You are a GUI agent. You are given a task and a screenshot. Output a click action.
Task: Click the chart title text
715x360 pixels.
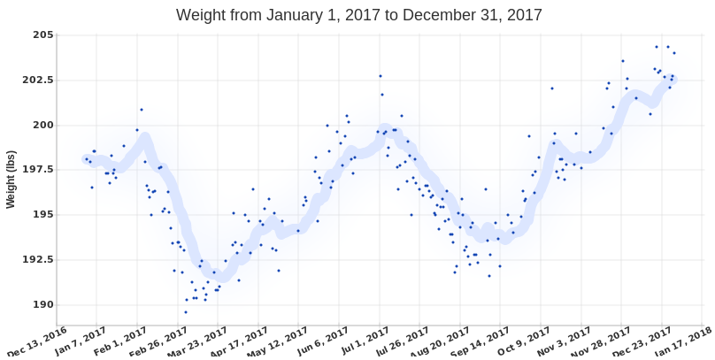pyautogui.click(x=358, y=15)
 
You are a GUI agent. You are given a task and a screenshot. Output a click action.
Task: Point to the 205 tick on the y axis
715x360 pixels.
pyautogui.click(x=42, y=34)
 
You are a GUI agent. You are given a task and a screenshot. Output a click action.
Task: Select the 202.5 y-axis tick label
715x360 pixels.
pyautogui.click(x=37, y=80)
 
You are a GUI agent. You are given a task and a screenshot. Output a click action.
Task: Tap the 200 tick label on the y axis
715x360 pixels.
pyautogui.click(x=42, y=125)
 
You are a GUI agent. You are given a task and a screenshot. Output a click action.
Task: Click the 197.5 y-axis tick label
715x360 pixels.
pyautogui.click(x=37, y=170)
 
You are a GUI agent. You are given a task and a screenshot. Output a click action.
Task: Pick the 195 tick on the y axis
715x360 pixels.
pyautogui.click(x=42, y=215)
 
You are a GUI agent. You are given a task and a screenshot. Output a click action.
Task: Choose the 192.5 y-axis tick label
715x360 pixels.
pyautogui.click(x=37, y=260)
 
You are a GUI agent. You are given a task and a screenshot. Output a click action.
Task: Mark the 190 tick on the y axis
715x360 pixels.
pyautogui.click(x=42, y=305)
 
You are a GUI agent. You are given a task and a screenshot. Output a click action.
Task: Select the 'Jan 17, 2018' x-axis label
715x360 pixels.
pyautogui.click(x=686, y=341)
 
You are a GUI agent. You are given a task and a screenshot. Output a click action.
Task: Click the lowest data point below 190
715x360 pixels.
pyautogui.click(x=186, y=312)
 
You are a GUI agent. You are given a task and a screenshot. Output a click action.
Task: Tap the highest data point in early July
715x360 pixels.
pyautogui.click(x=381, y=76)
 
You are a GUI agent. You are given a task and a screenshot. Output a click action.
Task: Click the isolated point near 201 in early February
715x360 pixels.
pyautogui.click(x=142, y=110)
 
